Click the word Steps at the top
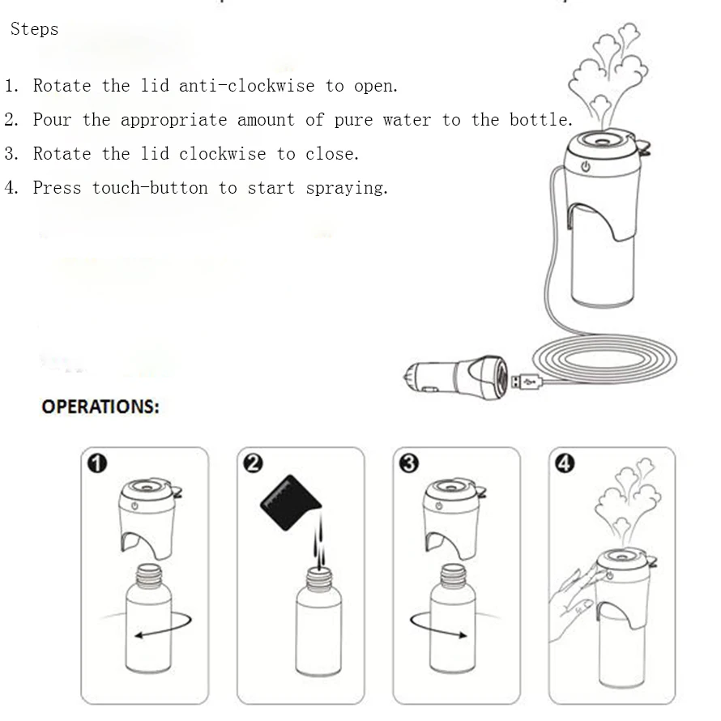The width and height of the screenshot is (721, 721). pyautogui.click(x=35, y=29)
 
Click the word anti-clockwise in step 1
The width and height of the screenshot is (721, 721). pyautogui.click(x=247, y=86)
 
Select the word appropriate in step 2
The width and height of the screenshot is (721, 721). pyautogui.click(x=174, y=121)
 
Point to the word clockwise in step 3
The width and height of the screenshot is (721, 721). pyautogui.click(x=223, y=154)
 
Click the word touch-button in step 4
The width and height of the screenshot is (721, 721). pyautogui.click(x=150, y=188)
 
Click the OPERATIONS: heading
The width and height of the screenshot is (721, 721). pyautogui.click(x=100, y=407)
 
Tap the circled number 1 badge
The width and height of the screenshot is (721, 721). pyautogui.click(x=97, y=463)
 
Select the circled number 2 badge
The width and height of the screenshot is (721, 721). pyautogui.click(x=253, y=463)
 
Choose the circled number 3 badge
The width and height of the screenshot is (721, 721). pyautogui.click(x=409, y=463)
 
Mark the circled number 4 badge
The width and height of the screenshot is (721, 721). pyautogui.click(x=565, y=463)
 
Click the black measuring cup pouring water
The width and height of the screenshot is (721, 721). pyautogui.click(x=291, y=502)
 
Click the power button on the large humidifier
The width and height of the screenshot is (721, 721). pyautogui.click(x=586, y=166)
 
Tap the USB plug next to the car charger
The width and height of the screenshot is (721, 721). pyautogui.click(x=527, y=382)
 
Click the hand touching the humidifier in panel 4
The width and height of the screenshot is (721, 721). pyautogui.click(x=573, y=603)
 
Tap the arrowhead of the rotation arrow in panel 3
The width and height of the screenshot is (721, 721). pyautogui.click(x=463, y=635)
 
